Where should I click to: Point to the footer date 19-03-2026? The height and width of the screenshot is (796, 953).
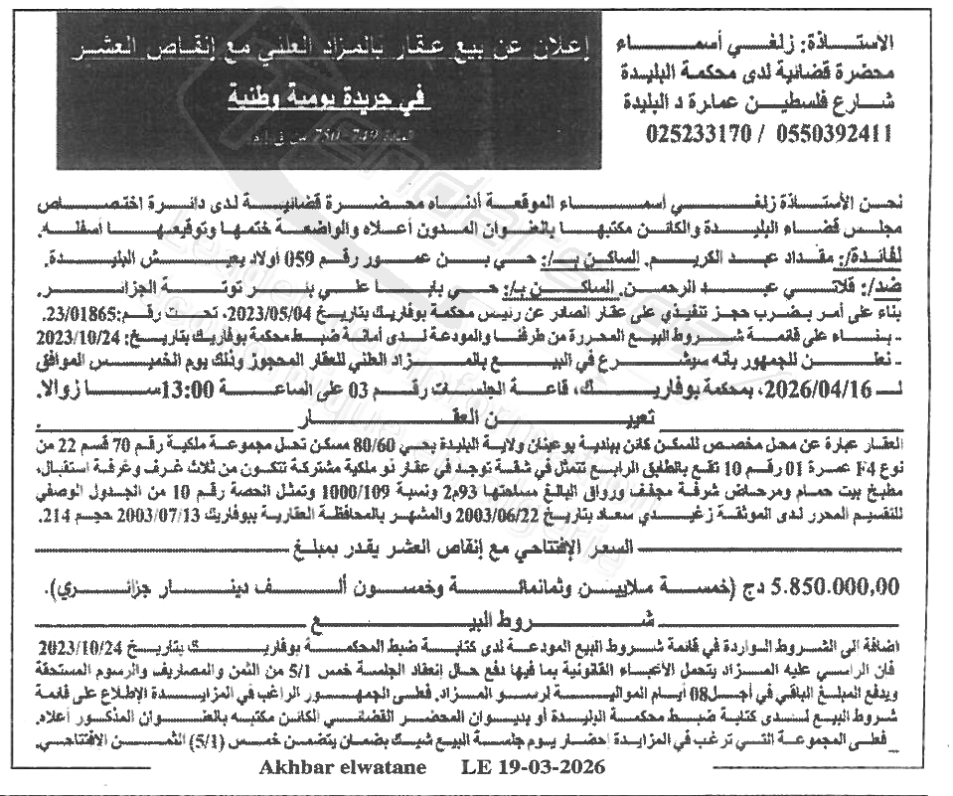546,768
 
